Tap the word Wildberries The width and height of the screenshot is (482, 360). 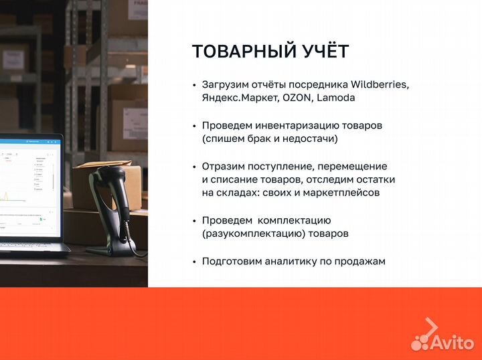(x=378, y=85)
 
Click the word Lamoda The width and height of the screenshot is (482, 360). (x=336, y=98)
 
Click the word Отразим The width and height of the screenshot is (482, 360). (x=222, y=166)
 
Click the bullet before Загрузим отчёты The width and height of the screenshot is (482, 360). (x=194, y=85)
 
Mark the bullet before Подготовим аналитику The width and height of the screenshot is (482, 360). (x=194, y=261)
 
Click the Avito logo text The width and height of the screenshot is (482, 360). (x=453, y=343)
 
